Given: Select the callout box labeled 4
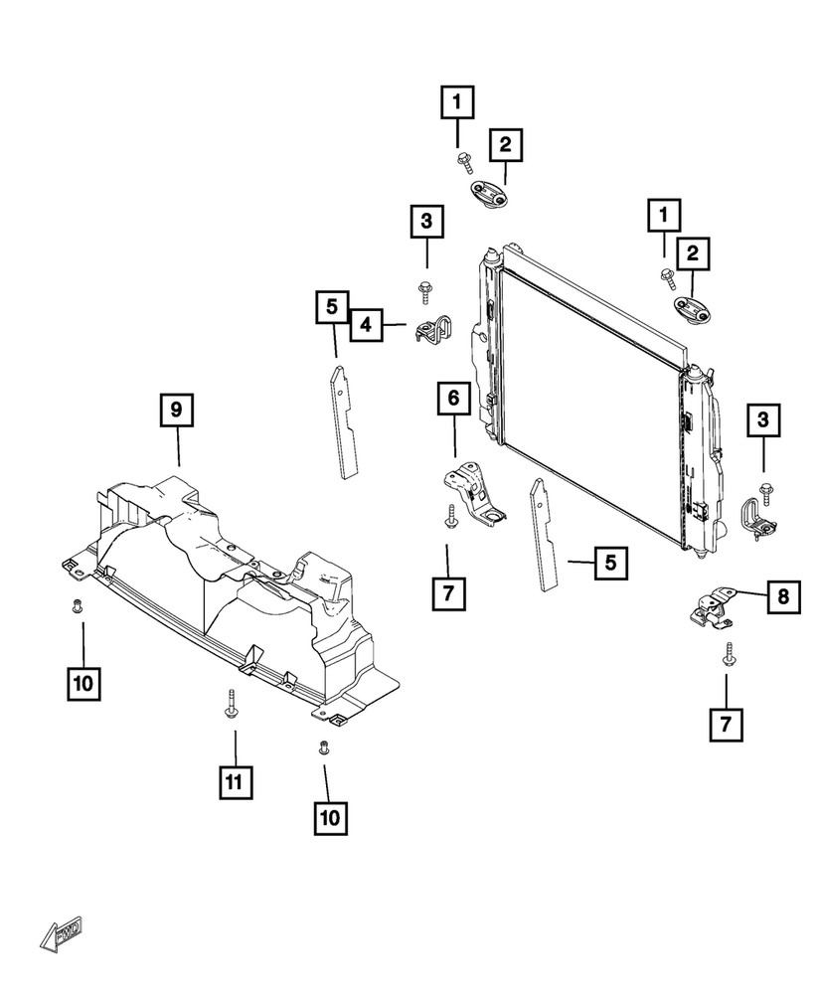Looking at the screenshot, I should point(366,324).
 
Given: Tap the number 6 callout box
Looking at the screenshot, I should point(452,400).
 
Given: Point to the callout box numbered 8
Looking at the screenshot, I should point(782,597).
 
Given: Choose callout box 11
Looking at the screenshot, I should point(235,782).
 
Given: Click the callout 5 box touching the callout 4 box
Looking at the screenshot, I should point(332,307).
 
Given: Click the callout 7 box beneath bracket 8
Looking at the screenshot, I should point(727,723).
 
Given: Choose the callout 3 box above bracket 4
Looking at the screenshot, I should point(425,223).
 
